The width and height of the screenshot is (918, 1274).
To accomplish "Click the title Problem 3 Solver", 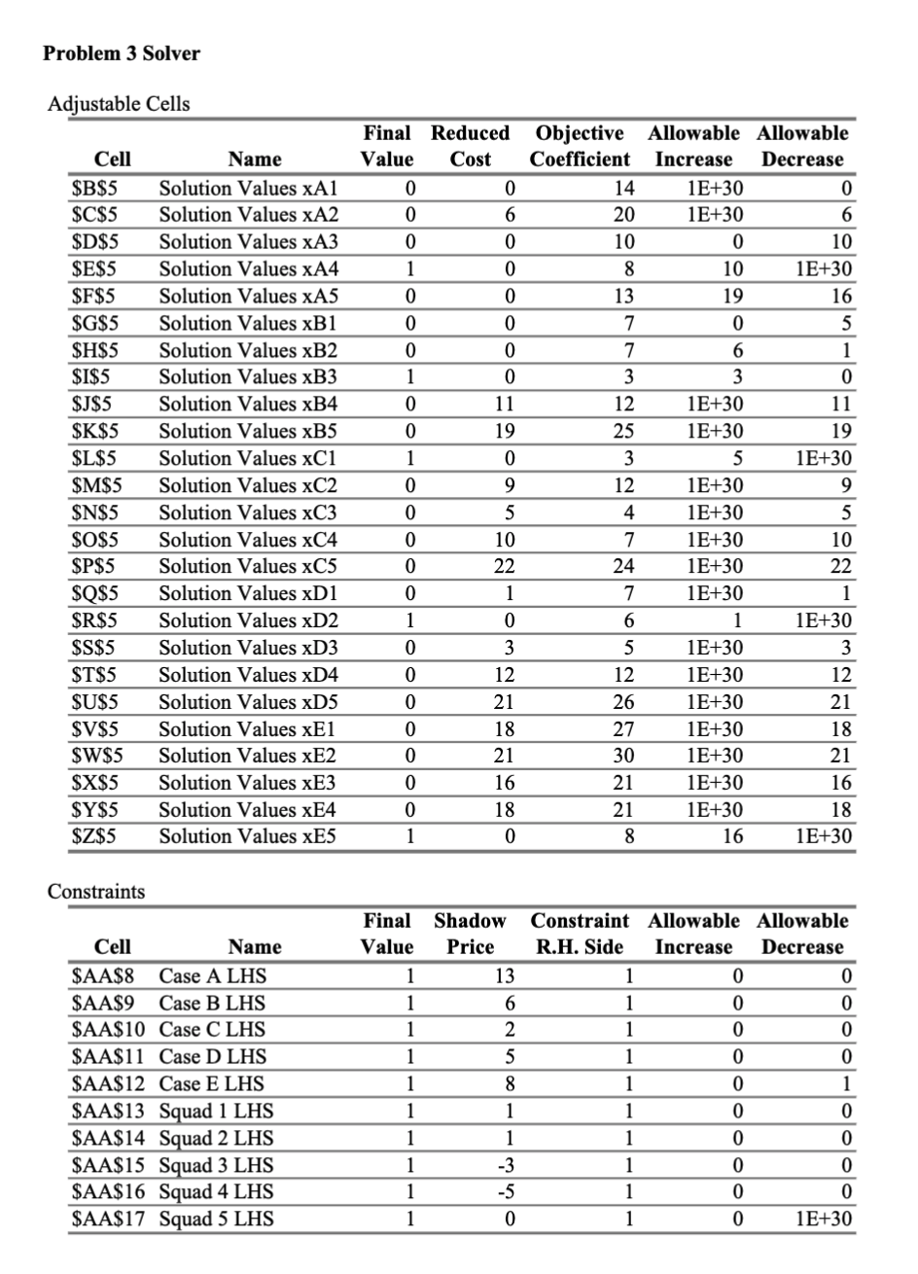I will coord(122,53).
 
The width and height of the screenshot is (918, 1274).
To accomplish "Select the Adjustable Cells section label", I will coord(119,103).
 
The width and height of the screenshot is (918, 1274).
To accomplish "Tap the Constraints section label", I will coord(96,891).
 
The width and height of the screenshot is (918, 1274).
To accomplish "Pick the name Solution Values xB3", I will coord(248,376).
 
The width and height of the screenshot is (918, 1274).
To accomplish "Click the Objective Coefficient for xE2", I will coord(622,756).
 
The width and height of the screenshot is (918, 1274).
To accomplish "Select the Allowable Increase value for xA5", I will coord(731,296).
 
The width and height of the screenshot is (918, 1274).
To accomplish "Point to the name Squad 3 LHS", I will coord(216,1165).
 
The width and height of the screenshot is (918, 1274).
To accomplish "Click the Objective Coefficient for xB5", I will coord(622,431).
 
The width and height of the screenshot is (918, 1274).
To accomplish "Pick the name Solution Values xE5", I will coord(248,836).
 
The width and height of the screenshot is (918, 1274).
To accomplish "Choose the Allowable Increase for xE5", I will coord(731,836).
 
